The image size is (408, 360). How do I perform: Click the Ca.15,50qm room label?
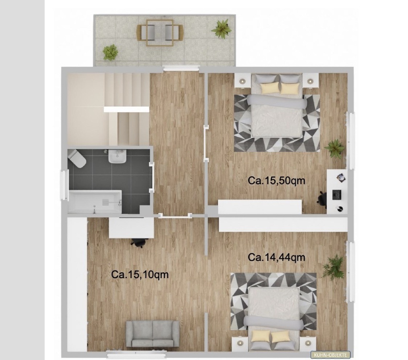click(276, 180)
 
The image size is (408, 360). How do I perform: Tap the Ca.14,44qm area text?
click(276, 257)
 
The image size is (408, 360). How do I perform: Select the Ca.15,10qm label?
click(140, 274)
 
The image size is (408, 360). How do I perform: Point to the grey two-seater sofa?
click(152, 334)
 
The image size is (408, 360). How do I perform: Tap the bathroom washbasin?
click(117, 156)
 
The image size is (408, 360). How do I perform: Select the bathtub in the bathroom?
click(95, 201)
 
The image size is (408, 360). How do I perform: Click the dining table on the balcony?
click(160, 33)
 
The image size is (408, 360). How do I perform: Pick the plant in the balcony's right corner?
click(221, 28)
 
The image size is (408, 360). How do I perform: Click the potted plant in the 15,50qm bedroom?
click(334, 148)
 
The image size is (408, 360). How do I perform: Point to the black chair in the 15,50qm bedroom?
click(322, 197)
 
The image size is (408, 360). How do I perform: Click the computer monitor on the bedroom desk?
click(337, 195)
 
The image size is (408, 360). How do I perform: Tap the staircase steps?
click(127, 109)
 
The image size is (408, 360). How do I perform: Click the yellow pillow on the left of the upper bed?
click(268, 88)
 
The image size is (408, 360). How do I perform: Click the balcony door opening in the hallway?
click(181, 69)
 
